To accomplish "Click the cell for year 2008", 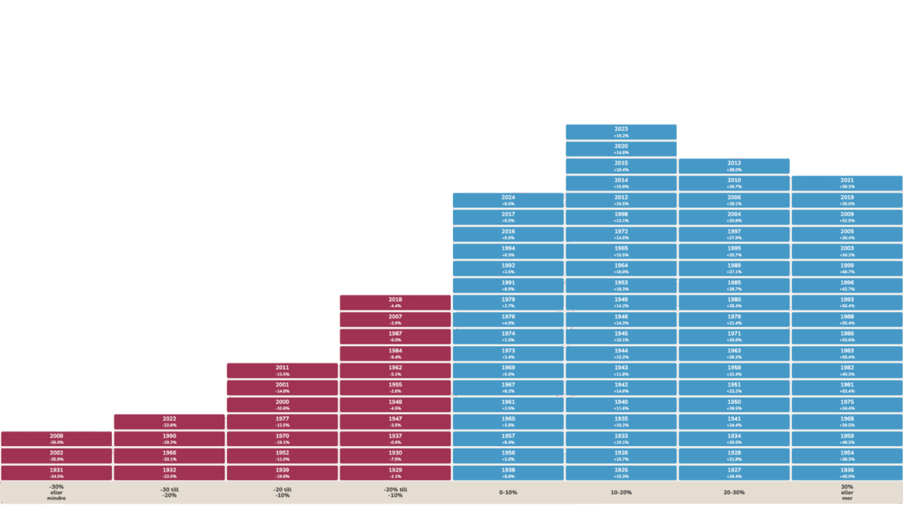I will (x=56, y=438).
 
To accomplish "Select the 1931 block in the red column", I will (x=56, y=472).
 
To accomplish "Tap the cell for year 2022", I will (x=169, y=421).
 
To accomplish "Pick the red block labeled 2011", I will (x=282, y=370).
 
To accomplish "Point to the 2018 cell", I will (x=395, y=302).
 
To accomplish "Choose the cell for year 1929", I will (x=395, y=472).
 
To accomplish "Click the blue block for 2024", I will (x=508, y=200).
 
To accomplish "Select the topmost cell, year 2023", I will (x=621, y=131).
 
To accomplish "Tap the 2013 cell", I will (x=734, y=165).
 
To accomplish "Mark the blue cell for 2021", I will (x=847, y=183).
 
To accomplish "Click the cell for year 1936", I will (x=847, y=472).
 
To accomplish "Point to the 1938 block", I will (x=508, y=472).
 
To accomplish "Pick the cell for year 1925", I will (x=621, y=472).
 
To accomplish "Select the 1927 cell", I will (x=734, y=472).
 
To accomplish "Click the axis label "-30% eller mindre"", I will (x=56, y=492).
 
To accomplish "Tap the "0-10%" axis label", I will (x=508, y=492).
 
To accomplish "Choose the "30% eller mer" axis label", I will (x=847, y=492).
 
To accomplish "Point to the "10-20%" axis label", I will (x=621, y=492).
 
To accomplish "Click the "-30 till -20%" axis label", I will (x=169, y=492).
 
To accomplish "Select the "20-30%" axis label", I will (x=734, y=492).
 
